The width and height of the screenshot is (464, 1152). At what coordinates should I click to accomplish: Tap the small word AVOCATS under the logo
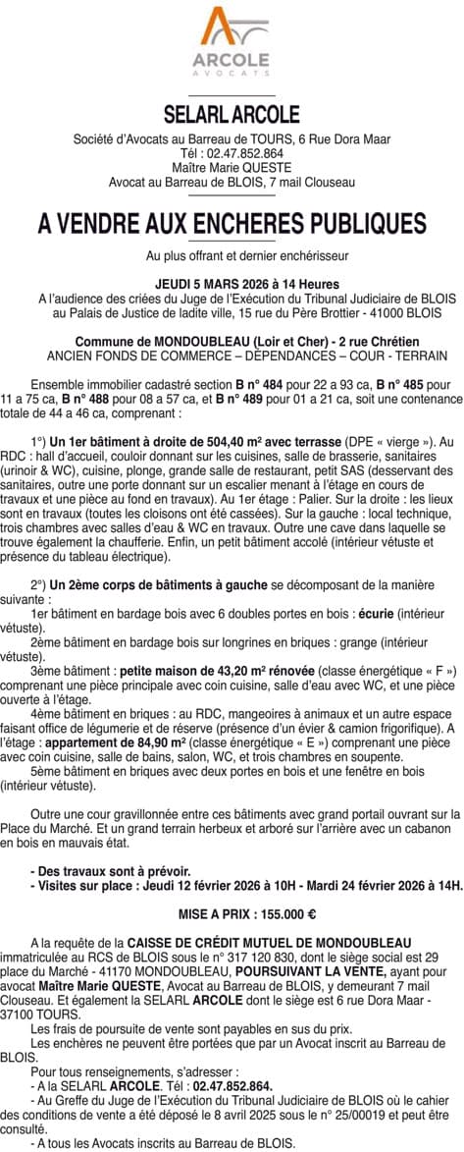pyautogui.click(x=232, y=74)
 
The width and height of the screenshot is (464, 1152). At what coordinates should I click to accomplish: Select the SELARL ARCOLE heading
pyautogui.click(x=232, y=115)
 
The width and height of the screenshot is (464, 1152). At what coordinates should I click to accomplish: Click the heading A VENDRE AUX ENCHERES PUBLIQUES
pyautogui.click(x=232, y=224)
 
